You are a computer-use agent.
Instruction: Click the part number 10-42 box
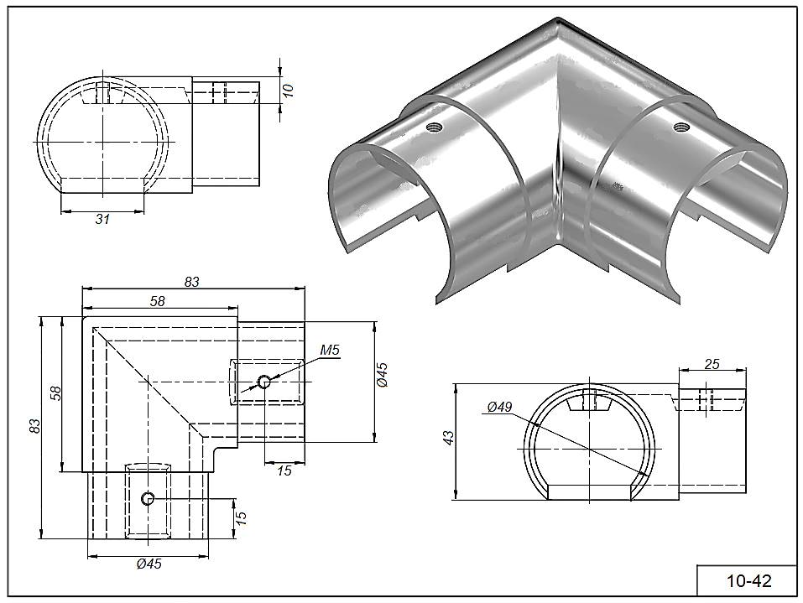pos(748,580)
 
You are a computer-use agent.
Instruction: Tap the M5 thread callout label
pos(329,351)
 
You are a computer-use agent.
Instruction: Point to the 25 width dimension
pos(712,364)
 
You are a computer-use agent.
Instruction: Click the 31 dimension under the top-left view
pos(102,219)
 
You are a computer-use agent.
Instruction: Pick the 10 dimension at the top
pos(289,91)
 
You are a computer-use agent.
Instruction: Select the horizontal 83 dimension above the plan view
pos(192,283)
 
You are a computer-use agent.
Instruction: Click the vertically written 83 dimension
pos(34,425)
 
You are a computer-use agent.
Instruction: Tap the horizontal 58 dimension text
pos(157,301)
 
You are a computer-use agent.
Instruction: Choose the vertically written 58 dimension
pos(55,393)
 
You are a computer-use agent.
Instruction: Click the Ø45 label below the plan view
pos(148,564)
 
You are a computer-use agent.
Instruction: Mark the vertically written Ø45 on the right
pos(382,374)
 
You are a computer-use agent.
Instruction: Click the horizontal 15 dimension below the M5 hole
pos(284,470)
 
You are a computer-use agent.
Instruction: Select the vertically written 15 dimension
pos(242,517)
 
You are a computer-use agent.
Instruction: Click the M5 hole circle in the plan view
pos(264,382)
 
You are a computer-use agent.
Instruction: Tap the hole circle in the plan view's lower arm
pos(149,499)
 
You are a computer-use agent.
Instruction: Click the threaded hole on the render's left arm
pos(434,127)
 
